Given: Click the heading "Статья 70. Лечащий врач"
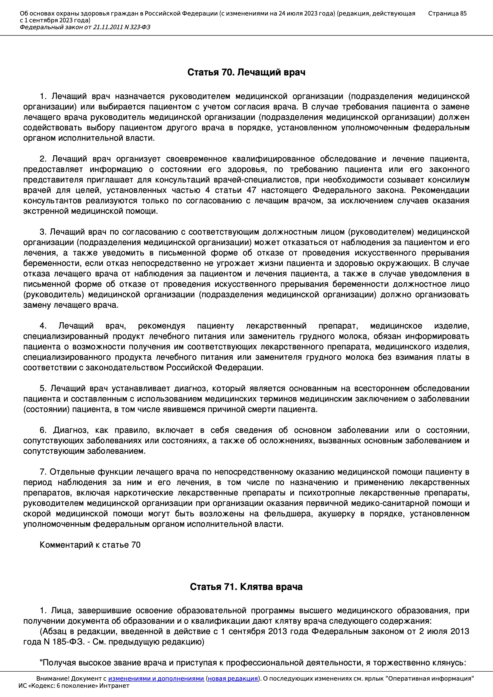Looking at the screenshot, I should [x=246, y=72].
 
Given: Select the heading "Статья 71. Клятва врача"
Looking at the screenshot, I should [x=246, y=587].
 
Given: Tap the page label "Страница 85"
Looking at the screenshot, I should [x=447, y=13].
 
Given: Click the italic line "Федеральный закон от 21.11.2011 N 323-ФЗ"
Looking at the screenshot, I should [x=85, y=27].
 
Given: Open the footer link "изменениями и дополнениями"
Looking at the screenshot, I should [x=156, y=679].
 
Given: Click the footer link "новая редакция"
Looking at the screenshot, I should [x=232, y=679].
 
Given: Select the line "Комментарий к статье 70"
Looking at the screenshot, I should [x=90, y=545].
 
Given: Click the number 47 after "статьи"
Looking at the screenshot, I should [x=251, y=190].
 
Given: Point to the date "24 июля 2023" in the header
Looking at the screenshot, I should [x=297, y=13].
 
